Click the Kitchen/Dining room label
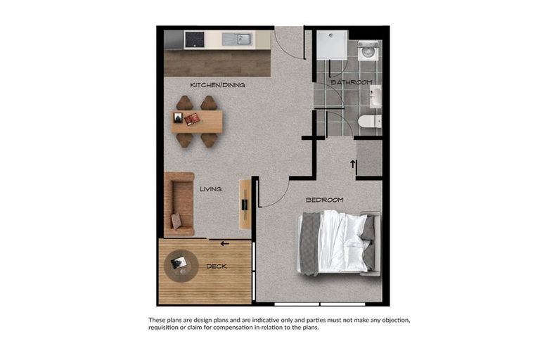(x=217, y=85)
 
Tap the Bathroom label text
(x=351, y=82)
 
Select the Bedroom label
(x=324, y=200)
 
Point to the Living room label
(x=210, y=188)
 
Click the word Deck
(x=217, y=266)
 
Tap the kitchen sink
(x=237, y=39)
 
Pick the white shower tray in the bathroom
(x=331, y=44)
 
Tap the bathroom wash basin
(x=376, y=96)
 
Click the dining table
(x=197, y=121)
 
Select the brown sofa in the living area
(x=179, y=204)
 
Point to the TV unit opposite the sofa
(x=245, y=204)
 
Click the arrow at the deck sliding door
(x=225, y=244)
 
